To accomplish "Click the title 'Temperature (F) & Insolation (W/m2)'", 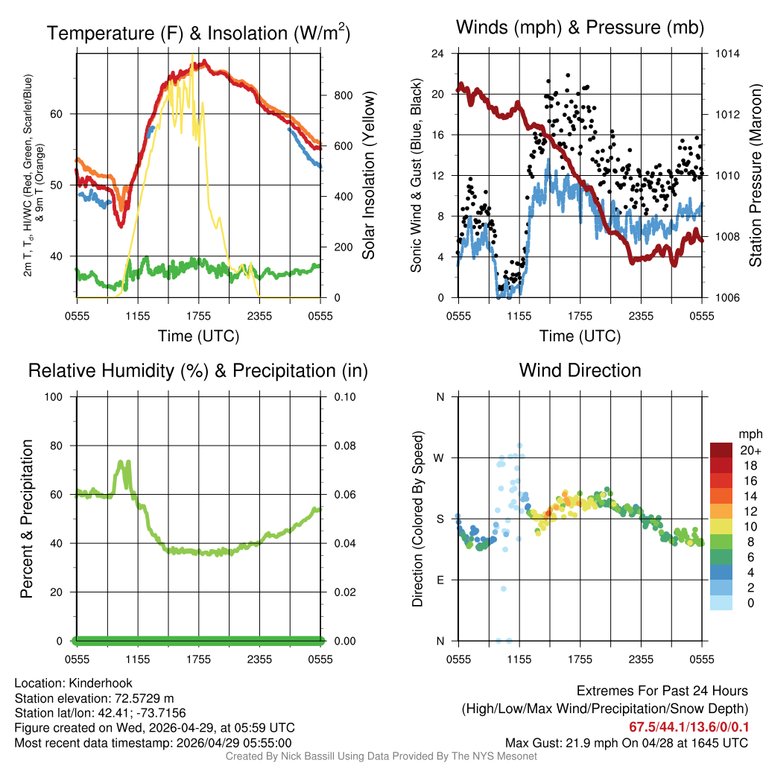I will [x=198, y=34].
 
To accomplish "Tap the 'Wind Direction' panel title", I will [x=580, y=370].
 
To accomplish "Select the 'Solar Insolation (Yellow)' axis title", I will [x=368, y=176].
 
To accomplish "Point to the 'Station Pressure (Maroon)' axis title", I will [x=755, y=176].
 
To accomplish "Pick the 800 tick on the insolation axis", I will [x=343, y=95].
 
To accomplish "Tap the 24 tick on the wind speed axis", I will [x=439, y=54].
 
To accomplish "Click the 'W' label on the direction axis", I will [x=440, y=458].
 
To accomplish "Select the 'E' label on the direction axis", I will [x=440, y=580].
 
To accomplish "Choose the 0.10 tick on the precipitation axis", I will [x=343, y=396].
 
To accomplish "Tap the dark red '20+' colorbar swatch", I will [x=721, y=450].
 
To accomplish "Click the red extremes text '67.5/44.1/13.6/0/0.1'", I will [x=688, y=726].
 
